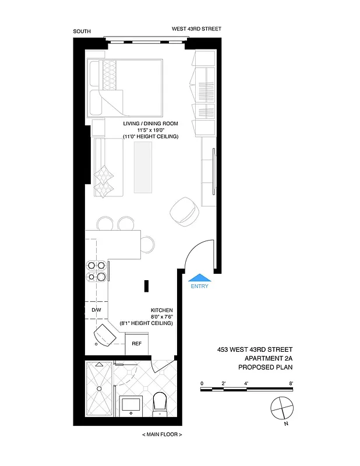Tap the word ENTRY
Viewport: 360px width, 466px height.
(x=199, y=287)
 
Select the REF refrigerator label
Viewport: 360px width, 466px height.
(x=137, y=343)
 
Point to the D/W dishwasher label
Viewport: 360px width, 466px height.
(x=97, y=310)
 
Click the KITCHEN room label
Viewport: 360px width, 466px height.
(x=161, y=310)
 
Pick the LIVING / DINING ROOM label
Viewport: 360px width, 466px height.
(x=150, y=124)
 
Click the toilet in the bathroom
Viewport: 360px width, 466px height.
(x=160, y=403)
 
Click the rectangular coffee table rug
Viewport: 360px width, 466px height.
(x=143, y=167)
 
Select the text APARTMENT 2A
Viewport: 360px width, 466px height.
(x=266, y=359)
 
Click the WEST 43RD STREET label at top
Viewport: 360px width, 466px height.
(x=196, y=29)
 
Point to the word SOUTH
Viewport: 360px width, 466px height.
(x=82, y=31)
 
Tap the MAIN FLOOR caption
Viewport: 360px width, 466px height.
(x=162, y=435)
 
